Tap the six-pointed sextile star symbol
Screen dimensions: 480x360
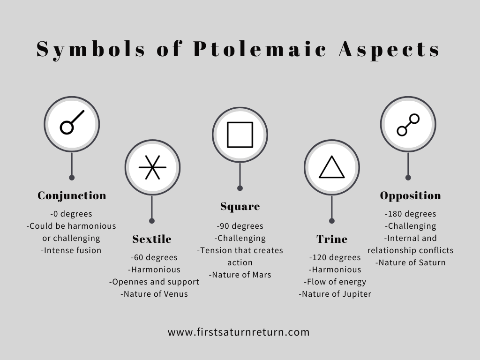(152, 167)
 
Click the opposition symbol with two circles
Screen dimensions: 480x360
(408, 125)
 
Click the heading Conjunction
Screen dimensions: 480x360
(72, 195)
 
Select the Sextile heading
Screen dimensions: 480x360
(152, 239)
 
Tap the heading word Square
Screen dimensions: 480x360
(240, 207)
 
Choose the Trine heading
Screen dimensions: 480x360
(332, 239)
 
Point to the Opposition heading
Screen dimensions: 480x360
(411, 195)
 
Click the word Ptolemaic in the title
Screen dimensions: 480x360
(260, 49)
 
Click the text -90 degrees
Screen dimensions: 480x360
(240, 226)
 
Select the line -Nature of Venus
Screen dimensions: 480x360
(154, 294)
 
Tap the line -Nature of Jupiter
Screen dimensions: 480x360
(335, 294)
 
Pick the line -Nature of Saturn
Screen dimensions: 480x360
(411, 262)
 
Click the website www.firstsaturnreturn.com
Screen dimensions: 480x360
(239, 332)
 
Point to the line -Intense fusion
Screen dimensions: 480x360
(71, 250)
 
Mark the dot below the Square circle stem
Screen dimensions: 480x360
(240, 188)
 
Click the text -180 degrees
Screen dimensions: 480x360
(411, 214)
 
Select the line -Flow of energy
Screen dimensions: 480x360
(335, 282)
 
